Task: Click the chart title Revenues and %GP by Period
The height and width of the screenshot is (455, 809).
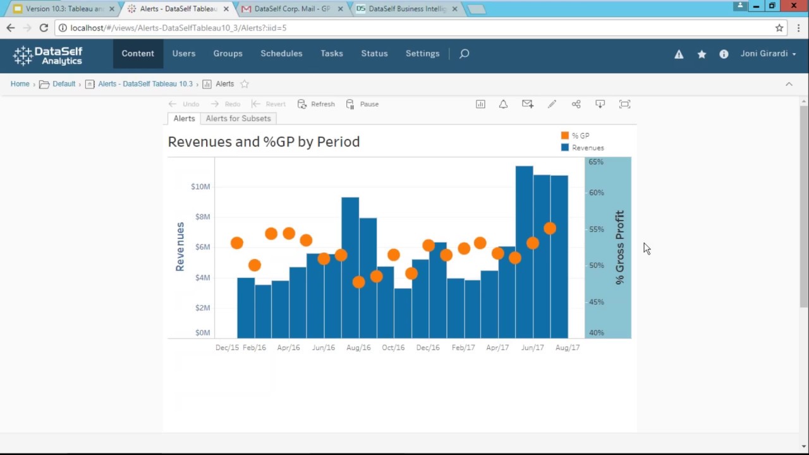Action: click(264, 142)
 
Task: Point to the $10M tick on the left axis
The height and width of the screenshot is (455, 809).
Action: click(200, 186)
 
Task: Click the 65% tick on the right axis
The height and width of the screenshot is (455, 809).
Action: click(596, 162)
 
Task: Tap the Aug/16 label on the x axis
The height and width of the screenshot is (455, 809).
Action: click(358, 348)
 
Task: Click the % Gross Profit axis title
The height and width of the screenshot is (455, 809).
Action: click(619, 247)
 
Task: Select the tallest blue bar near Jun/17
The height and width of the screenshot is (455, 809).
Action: click(524, 253)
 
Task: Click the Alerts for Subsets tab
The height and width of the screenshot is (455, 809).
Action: click(238, 119)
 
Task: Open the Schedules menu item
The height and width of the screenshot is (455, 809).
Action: click(281, 54)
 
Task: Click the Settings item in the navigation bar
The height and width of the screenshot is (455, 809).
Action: click(422, 54)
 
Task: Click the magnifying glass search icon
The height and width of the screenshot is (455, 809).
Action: click(464, 54)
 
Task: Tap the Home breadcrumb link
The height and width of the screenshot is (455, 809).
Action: click(20, 84)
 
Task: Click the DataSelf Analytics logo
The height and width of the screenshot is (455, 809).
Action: click(48, 56)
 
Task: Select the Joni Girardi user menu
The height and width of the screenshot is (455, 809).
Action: click(768, 54)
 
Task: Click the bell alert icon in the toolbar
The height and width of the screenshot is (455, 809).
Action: click(503, 104)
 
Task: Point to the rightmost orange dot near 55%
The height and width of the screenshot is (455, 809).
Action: click(550, 229)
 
